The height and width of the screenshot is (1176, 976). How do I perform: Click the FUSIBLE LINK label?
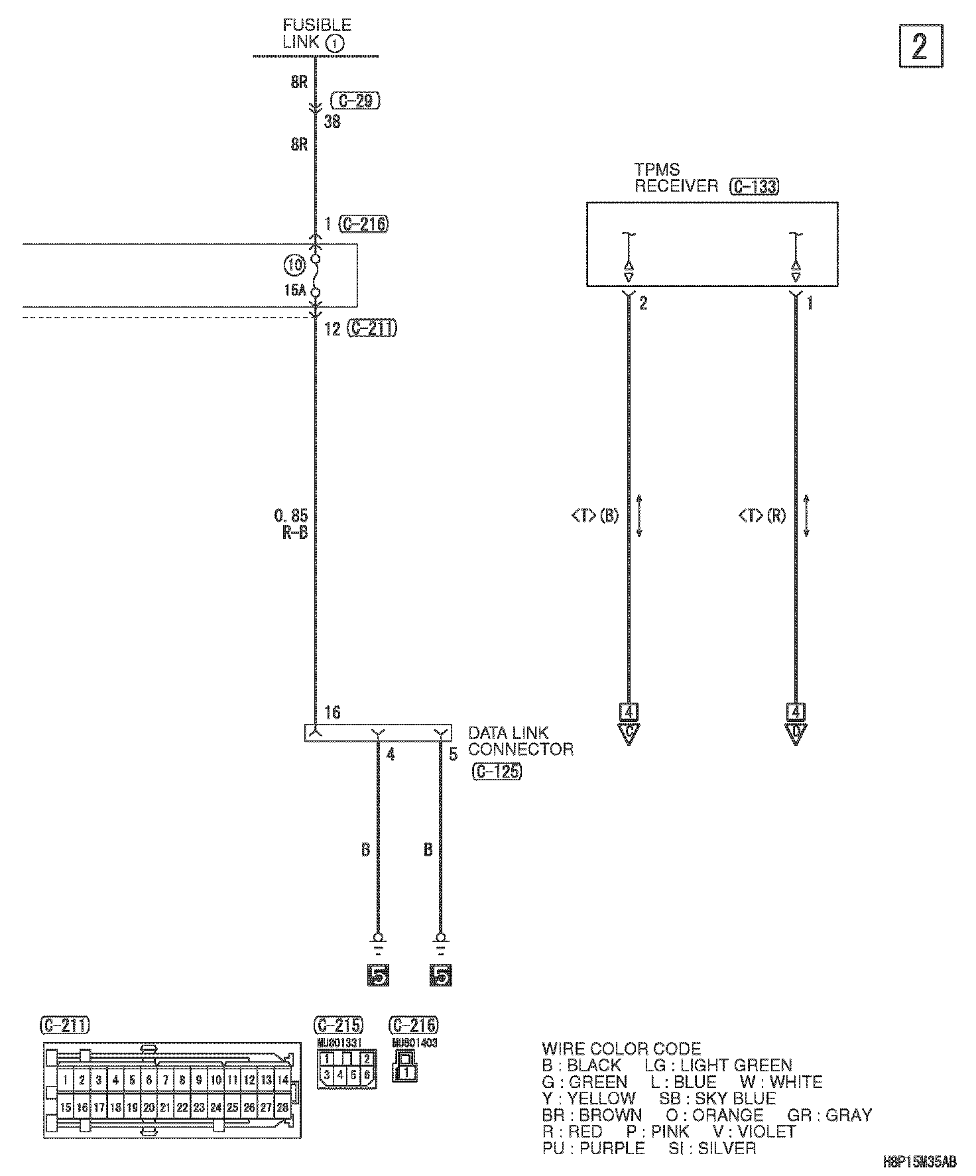point(316,34)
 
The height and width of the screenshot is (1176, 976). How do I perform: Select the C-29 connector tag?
point(355,101)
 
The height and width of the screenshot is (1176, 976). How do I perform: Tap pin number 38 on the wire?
point(332,122)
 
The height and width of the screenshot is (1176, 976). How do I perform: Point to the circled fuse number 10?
point(295,266)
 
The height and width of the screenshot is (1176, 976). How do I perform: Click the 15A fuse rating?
point(296,290)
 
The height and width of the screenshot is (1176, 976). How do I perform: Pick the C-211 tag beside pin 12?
point(372,328)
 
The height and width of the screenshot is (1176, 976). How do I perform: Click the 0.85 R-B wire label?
point(292,524)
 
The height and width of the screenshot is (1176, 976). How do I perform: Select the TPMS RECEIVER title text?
point(675,178)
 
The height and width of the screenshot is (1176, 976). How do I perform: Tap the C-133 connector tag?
point(754,186)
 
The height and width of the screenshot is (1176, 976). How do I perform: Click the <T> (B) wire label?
point(595,515)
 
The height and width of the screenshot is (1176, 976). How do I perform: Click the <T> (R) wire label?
point(762,515)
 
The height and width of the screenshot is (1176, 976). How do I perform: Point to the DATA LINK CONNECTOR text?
point(520,741)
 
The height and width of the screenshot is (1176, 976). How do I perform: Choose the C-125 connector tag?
point(497,772)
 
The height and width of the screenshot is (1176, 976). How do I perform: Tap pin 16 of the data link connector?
point(332,713)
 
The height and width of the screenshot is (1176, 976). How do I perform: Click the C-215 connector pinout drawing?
point(347,1068)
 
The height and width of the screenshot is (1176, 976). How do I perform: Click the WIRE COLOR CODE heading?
point(621,1049)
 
